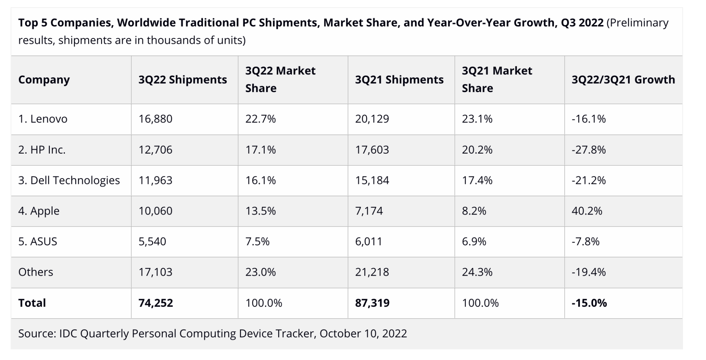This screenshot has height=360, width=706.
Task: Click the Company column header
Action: [44, 80]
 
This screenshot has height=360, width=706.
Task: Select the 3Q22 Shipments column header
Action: [183, 80]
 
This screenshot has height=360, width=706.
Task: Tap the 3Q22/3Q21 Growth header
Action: [623, 80]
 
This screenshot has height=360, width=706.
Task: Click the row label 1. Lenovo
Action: [43, 119]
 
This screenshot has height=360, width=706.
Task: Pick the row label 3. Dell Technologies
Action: [69, 180]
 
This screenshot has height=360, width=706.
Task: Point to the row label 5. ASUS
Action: [38, 241]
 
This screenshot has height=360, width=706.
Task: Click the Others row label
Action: [36, 272]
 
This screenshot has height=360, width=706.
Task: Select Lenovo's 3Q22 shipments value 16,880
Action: [155, 119]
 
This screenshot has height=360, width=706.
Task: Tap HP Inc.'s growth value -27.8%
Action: [588, 150]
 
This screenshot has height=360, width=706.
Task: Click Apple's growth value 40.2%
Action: [587, 211]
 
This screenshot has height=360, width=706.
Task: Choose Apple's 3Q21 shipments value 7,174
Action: [369, 211]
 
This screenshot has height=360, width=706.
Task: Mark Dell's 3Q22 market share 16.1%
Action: [261, 180]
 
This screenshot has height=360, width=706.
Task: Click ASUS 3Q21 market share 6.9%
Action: [474, 241]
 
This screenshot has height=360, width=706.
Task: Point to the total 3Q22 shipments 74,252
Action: [156, 303]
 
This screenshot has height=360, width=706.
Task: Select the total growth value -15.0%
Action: [589, 303]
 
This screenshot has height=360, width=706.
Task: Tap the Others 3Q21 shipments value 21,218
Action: [372, 272]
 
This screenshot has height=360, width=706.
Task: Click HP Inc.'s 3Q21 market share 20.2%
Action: [477, 150]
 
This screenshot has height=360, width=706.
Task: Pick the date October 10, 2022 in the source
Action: [363, 334]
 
